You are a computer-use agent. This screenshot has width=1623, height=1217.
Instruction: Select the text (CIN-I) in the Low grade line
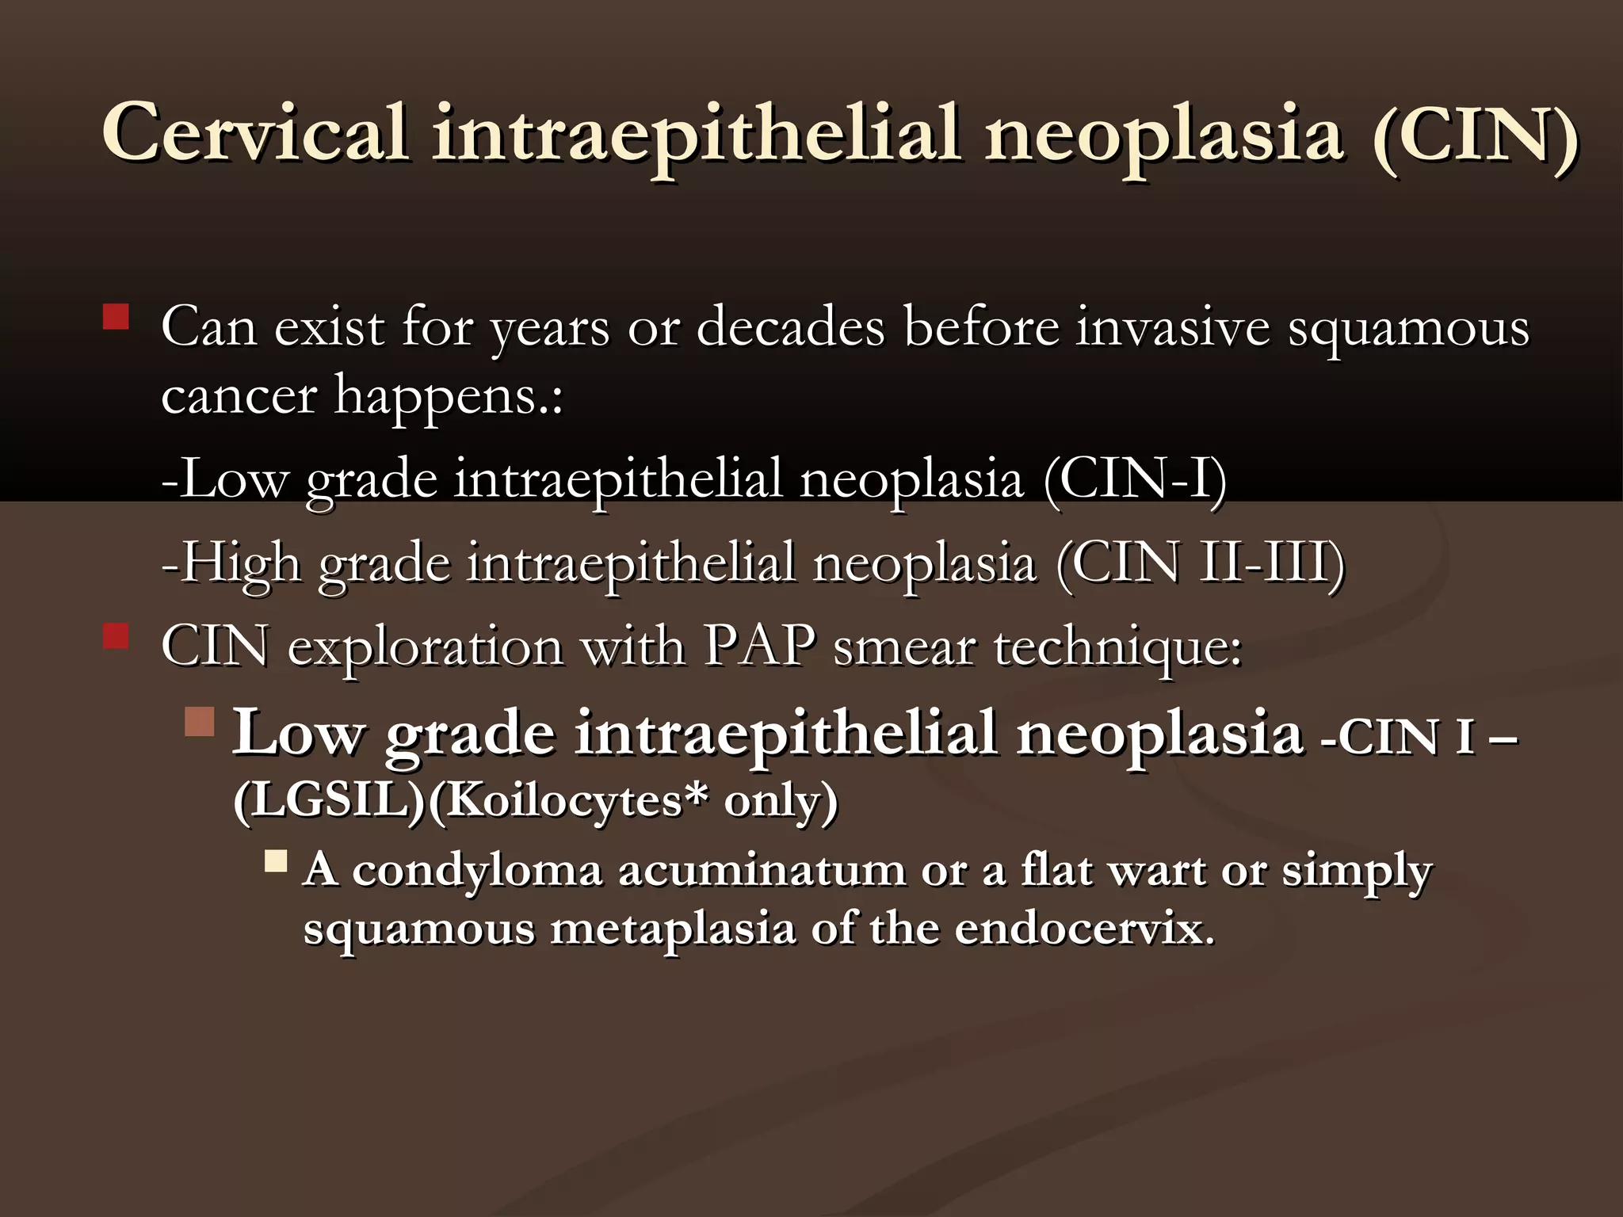1135,480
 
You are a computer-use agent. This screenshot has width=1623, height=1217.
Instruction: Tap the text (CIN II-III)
1200,563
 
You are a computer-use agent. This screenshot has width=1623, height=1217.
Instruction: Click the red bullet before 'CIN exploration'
116,636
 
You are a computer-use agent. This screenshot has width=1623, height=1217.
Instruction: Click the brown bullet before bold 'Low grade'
200,722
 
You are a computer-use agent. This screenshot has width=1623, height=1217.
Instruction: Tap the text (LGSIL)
330,800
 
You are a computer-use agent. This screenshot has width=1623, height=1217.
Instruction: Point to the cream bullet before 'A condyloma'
276,861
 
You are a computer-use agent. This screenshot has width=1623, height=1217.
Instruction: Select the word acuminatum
761,870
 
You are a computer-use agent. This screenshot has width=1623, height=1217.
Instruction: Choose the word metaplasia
672,929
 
